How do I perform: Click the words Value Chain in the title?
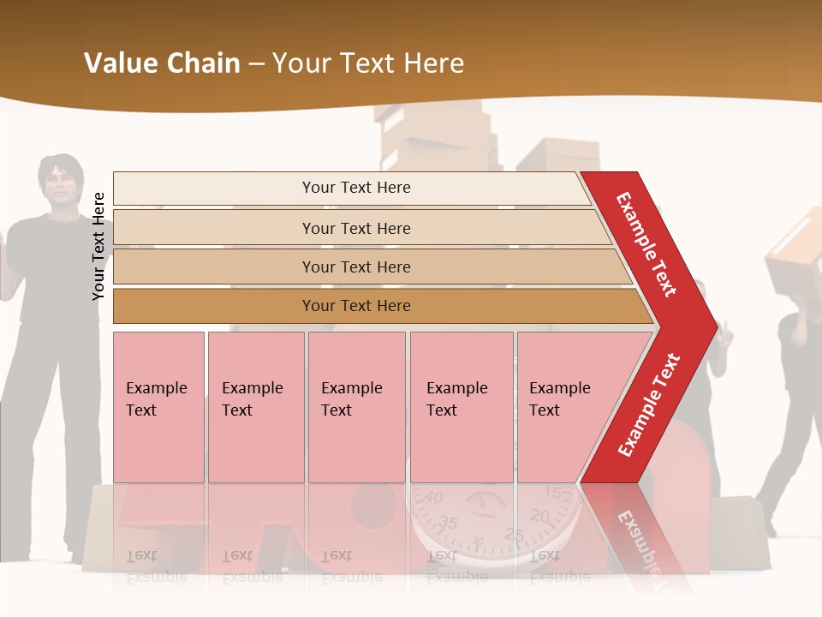pyautogui.click(x=162, y=63)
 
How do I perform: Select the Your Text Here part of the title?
pyautogui.click(x=368, y=63)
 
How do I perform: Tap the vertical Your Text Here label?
pyautogui.click(x=98, y=246)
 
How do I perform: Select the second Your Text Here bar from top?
pyautogui.click(x=355, y=228)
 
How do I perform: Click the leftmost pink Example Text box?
pyautogui.click(x=158, y=406)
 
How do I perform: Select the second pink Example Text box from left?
pyautogui.click(x=255, y=406)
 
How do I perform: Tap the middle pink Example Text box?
pyautogui.click(x=356, y=406)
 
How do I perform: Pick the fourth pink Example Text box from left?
pyautogui.click(x=461, y=406)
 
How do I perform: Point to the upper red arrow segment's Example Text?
pyautogui.click(x=646, y=244)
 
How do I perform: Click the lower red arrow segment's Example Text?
pyautogui.click(x=649, y=405)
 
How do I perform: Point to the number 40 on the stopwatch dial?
pyautogui.click(x=434, y=498)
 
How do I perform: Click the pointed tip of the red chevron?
pyautogui.click(x=716, y=326)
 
